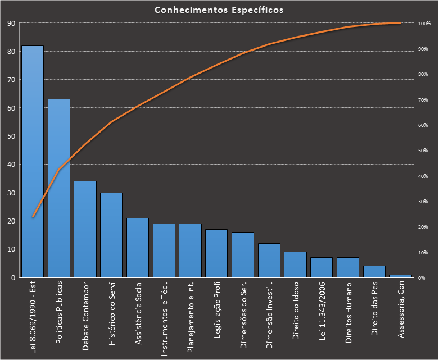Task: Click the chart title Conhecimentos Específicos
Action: coord(219,11)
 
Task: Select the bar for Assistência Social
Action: coord(138,248)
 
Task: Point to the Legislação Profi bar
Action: coord(216,253)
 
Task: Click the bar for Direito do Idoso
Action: coord(296,265)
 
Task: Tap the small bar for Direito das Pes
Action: coord(374,272)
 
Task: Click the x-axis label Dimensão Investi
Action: coord(269,317)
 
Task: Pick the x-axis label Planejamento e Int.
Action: coord(191,317)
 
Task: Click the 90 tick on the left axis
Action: coord(11,24)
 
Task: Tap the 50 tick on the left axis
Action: coord(11,136)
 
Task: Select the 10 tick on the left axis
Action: coord(11,249)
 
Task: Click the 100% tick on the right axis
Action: coord(424,24)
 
